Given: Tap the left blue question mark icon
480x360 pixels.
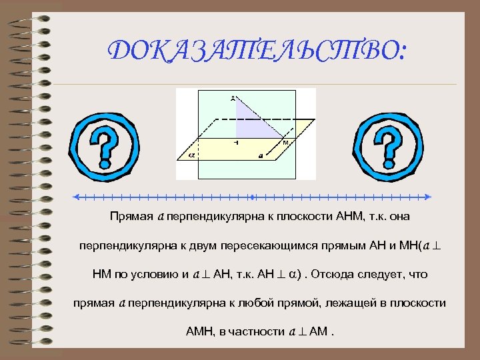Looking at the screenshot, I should (105, 143).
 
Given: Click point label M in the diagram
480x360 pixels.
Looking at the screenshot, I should (285, 143).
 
